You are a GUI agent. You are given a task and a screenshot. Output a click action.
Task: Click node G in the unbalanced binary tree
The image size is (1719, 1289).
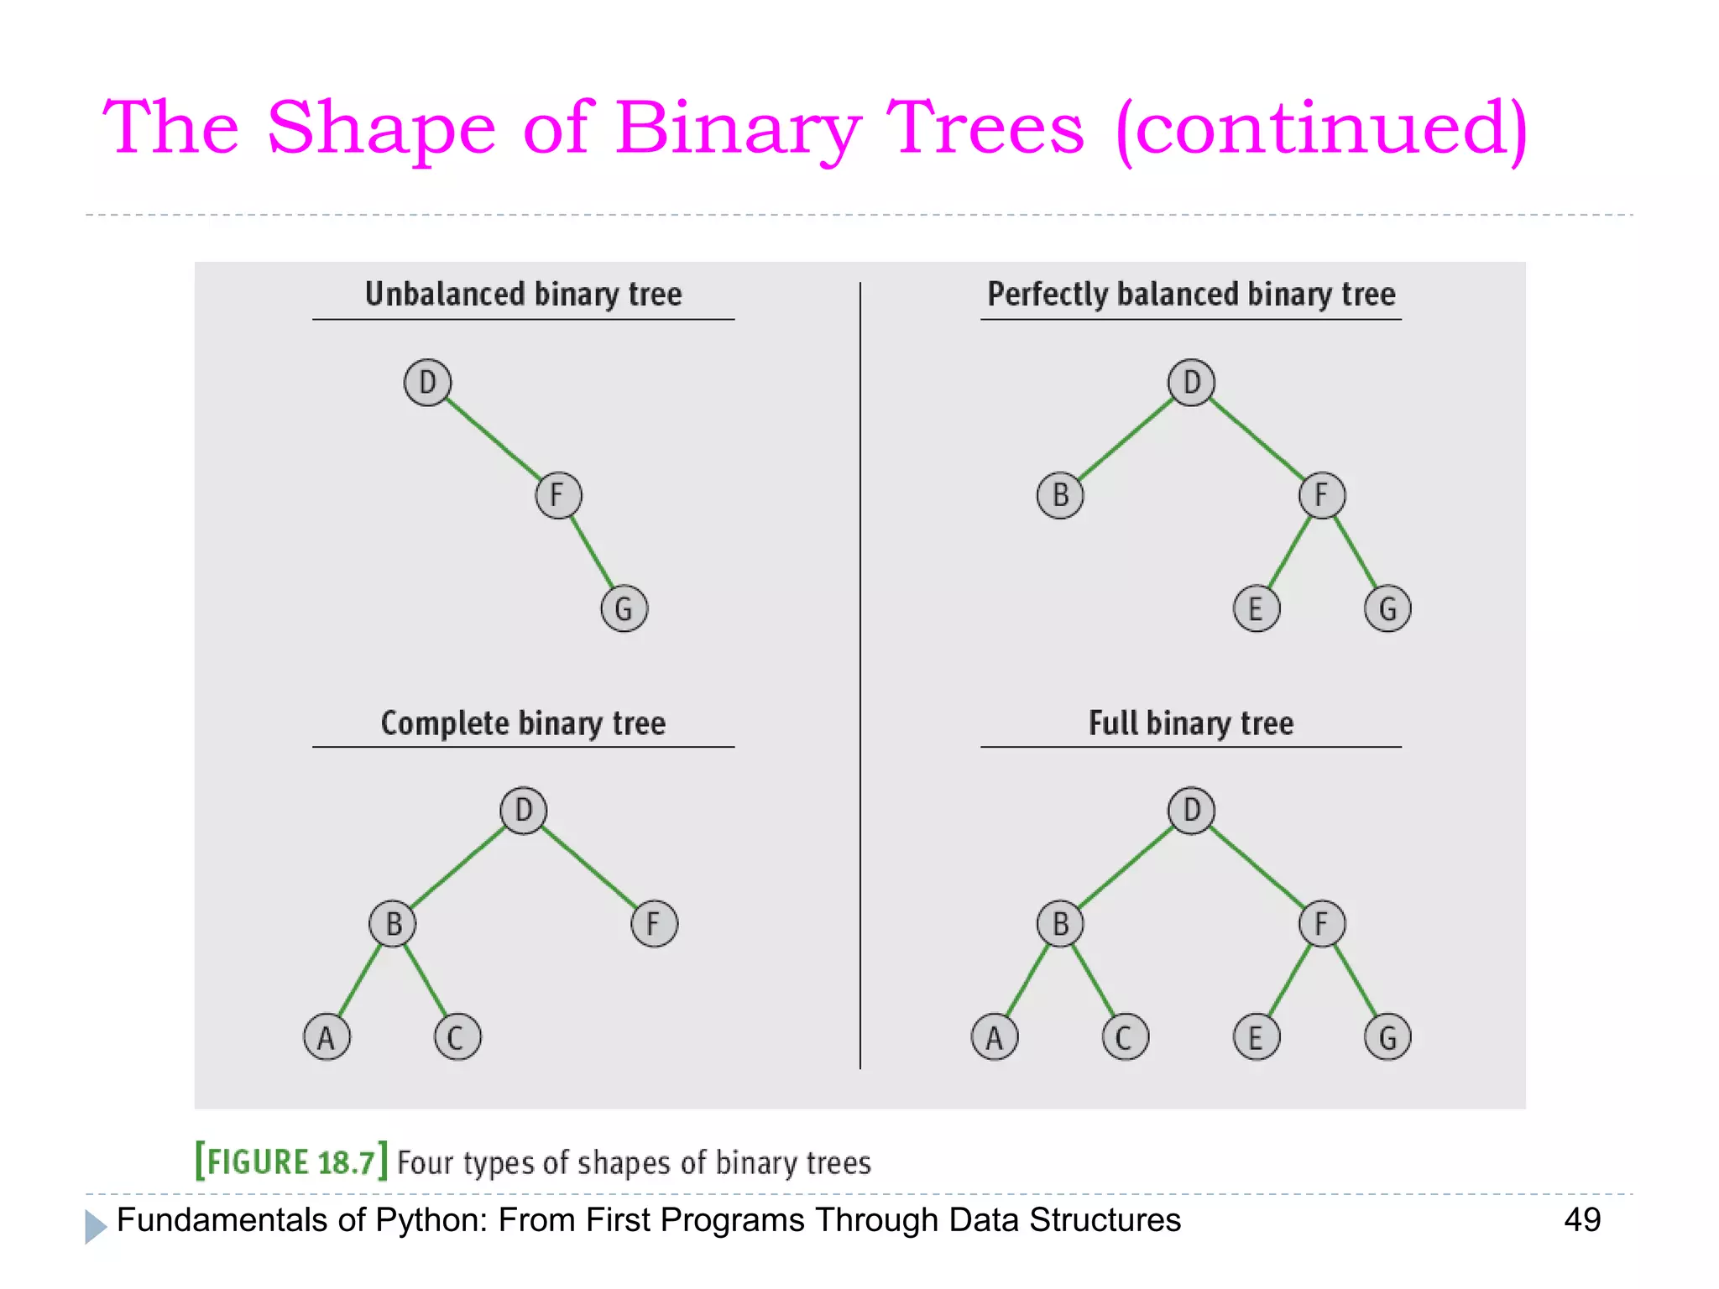[x=624, y=608]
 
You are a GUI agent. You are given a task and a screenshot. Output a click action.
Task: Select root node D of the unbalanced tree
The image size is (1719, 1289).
[x=427, y=383]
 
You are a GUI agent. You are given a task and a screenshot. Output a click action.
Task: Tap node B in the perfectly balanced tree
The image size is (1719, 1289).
[x=1060, y=495]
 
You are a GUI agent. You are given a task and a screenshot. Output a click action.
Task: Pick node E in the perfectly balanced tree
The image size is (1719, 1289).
[x=1257, y=608]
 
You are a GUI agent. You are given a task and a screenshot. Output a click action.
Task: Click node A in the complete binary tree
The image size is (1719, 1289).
[x=327, y=1037]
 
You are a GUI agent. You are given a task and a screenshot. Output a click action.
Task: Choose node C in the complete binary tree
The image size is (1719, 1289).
[x=457, y=1037]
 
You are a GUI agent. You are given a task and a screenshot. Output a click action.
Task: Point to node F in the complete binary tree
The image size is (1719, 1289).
[x=654, y=924]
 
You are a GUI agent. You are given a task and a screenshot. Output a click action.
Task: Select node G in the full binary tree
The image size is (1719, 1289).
[x=1387, y=1037]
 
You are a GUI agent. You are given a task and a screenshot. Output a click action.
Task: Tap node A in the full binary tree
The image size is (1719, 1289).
[x=995, y=1037]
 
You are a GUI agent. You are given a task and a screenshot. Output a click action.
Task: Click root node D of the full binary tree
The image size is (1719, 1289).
[x=1191, y=811]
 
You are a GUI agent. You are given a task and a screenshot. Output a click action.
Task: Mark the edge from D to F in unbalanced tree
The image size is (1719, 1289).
[x=493, y=439]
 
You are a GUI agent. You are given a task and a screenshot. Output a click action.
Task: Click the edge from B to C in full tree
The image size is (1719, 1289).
[x=1093, y=980]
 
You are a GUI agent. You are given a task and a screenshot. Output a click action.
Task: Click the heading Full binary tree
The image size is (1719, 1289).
[x=1190, y=723]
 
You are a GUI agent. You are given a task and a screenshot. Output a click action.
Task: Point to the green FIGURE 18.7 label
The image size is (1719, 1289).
[x=290, y=1162]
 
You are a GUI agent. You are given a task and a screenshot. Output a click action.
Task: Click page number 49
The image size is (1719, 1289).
[x=1582, y=1219]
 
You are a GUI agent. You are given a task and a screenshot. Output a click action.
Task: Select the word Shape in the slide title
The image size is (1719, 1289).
[x=381, y=128]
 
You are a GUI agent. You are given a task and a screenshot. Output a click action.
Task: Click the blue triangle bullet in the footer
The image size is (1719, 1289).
[x=95, y=1226]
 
